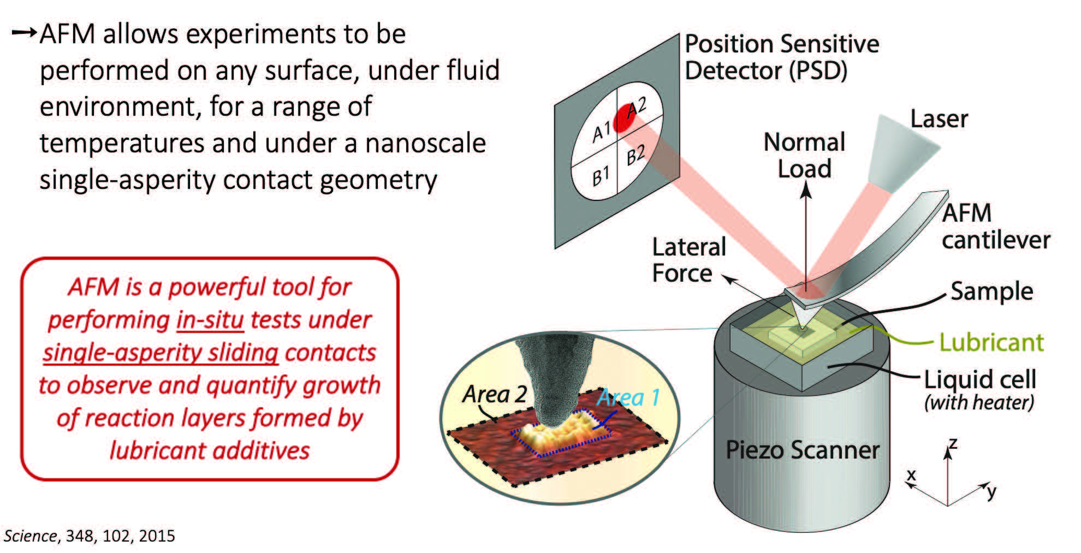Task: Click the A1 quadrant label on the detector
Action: pyautogui.click(x=601, y=132)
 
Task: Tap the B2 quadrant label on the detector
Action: pyautogui.click(x=635, y=155)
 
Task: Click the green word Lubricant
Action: pyautogui.click(x=991, y=343)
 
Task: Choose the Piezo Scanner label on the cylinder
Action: pyautogui.click(x=802, y=450)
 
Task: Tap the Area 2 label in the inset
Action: pyautogui.click(x=495, y=394)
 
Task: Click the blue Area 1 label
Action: pyautogui.click(x=628, y=397)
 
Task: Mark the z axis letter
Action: pyautogui.click(x=953, y=443)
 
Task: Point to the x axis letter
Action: pyautogui.click(x=911, y=474)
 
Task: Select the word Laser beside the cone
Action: pyautogui.click(x=939, y=119)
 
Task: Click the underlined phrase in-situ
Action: pyautogui.click(x=210, y=320)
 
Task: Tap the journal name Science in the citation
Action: pyautogui.click(x=31, y=536)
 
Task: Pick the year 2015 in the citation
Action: pyautogui.click(x=157, y=536)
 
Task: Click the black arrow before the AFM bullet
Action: pyautogui.click(x=24, y=33)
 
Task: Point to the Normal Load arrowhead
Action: pyautogui.click(x=806, y=189)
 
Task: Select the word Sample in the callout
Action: pyautogui.click(x=991, y=292)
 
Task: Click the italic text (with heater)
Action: pyautogui.click(x=979, y=403)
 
